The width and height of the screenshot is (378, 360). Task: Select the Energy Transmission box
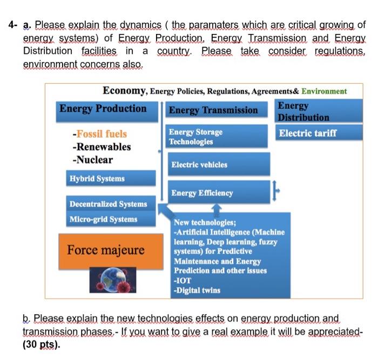[214, 110]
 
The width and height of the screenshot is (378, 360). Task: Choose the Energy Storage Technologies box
[216, 136]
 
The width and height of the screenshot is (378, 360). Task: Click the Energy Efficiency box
[216, 193]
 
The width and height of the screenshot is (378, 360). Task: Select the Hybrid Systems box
[111, 179]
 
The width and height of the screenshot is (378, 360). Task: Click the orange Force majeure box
[106, 250]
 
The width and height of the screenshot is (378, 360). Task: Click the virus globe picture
[106, 280]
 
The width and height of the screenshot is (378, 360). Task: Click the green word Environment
[324, 91]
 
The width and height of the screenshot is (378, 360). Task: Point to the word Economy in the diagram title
[124, 91]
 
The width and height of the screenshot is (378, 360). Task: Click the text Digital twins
[198, 290]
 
